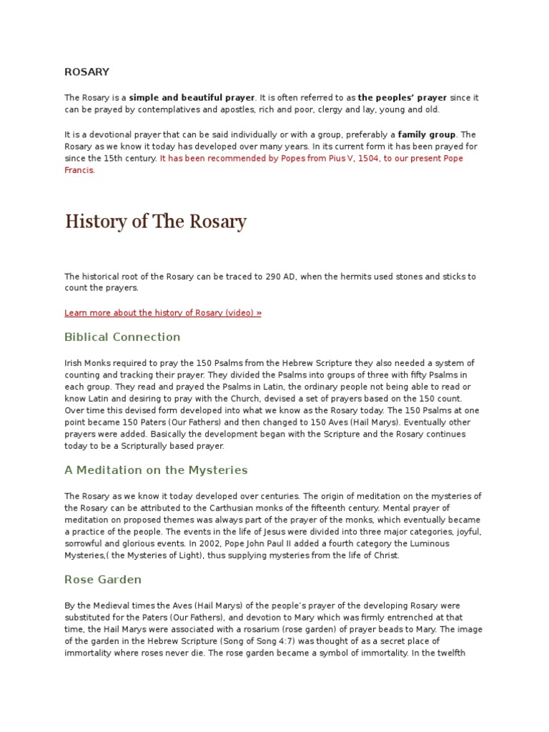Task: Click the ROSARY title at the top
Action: click(x=86, y=71)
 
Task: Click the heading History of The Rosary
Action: click(x=155, y=222)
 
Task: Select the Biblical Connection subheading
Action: click(x=122, y=337)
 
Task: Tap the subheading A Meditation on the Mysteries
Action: click(x=156, y=470)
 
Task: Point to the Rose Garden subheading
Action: click(x=103, y=580)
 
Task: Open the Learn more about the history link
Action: click(x=163, y=313)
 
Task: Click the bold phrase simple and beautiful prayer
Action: click(x=192, y=97)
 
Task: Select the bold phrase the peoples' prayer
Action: click(x=402, y=97)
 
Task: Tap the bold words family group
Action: click(x=427, y=134)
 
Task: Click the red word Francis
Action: click(x=79, y=171)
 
